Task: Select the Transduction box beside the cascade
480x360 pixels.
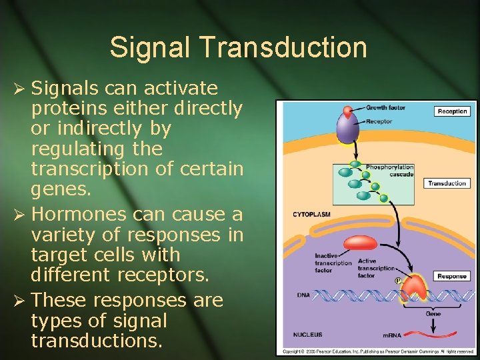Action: (447, 183)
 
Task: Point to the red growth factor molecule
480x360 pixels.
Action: (347, 111)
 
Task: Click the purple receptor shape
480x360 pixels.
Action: (347, 129)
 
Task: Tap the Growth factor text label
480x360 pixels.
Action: (386, 108)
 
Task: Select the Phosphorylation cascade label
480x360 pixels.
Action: (389, 171)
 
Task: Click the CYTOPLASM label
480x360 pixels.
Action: (312, 215)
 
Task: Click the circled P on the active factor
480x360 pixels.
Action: (397, 280)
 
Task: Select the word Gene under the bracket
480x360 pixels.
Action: (433, 313)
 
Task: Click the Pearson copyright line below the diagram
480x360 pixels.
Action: (377, 351)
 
